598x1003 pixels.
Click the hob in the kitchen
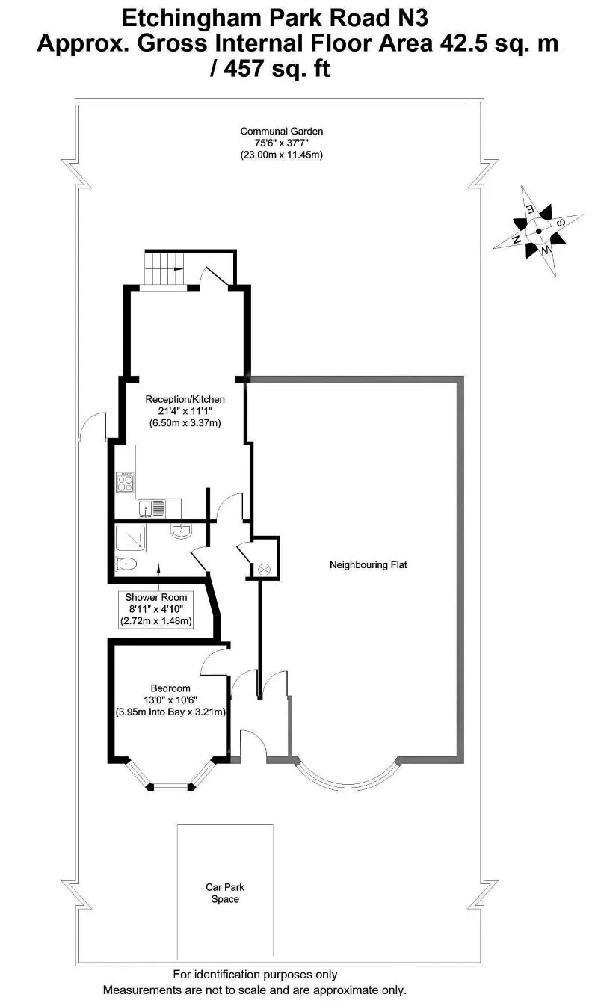pyautogui.click(x=125, y=482)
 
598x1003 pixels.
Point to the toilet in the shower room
pyautogui.click(x=126, y=564)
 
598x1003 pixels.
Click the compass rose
pyautogui.click(x=539, y=231)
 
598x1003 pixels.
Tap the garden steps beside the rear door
pyautogui.click(x=163, y=267)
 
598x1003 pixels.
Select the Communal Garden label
pyautogui.click(x=282, y=132)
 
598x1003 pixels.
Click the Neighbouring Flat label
pyautogui.click(x=368, y=565)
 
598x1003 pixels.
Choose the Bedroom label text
pyautogui.click(x=170, y=688)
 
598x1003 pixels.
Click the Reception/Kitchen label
pyautogui.click(x=185, y=400)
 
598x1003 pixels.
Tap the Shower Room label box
pyautogui.click(x=156, y=609)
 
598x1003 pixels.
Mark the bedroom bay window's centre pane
pyautogui.click(x=170, y=786)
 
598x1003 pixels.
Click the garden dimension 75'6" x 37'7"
pyautogui.click(x=282, y=143)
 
